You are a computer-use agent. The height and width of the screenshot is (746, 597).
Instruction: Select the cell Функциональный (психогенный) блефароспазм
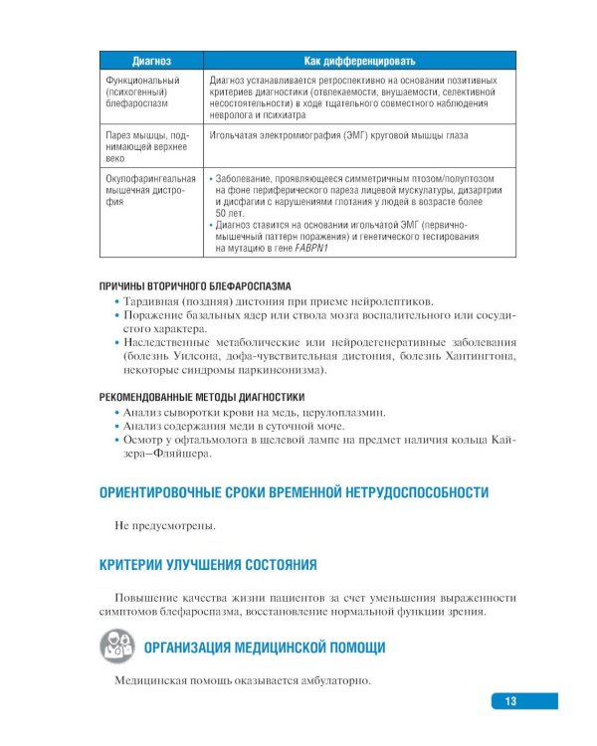143,91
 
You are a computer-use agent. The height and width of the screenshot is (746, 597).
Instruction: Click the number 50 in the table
221,213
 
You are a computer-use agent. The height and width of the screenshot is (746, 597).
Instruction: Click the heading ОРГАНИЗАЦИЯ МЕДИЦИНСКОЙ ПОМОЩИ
265,648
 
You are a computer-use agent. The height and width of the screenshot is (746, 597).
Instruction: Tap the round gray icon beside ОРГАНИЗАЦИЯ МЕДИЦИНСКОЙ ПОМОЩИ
117,647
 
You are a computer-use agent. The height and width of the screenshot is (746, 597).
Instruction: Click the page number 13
509,702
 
